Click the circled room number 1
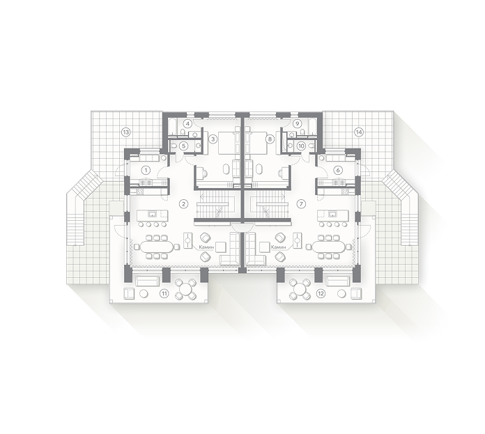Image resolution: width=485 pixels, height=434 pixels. (146, 170)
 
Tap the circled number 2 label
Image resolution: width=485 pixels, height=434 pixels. (184, 203)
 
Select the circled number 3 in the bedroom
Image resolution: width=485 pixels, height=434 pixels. (213, 139)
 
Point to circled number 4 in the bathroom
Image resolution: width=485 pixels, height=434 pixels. (188, 123)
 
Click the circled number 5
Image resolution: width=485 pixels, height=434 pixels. (184, 146)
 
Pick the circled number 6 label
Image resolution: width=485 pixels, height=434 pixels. (338, 170)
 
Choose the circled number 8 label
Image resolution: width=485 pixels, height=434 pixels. (270, 139)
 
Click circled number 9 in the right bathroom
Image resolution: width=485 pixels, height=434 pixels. (297, 123)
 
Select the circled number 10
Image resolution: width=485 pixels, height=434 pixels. (301, 146)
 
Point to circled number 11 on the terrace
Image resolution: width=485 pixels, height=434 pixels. (164, 293)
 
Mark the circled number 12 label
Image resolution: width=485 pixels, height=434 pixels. (321, 293)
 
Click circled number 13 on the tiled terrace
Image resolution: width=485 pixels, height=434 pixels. (126, 132)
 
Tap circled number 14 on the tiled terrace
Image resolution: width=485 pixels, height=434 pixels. (359, 132)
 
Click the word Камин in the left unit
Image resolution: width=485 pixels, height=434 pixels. (206, 247)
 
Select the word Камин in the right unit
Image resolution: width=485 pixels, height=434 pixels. (278, 247)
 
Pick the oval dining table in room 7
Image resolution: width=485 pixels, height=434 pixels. (328, 247)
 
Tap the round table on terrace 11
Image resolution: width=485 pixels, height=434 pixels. (186, 290)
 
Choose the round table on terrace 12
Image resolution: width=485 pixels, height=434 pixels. (299, 290)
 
